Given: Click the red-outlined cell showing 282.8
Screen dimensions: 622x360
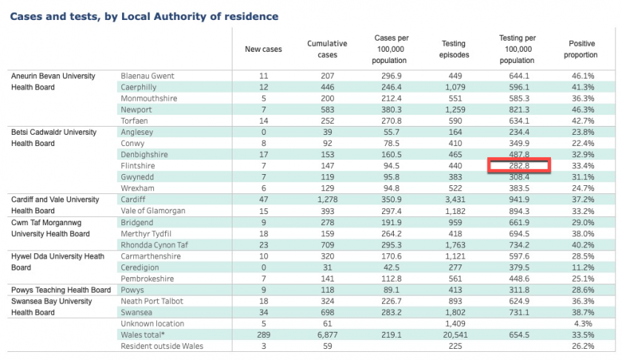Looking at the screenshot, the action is (519, 165).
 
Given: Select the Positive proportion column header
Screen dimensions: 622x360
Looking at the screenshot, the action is (581, 49).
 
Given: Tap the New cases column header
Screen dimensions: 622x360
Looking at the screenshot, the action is (264, 49).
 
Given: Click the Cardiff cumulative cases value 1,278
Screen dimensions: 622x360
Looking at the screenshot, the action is (327, 200).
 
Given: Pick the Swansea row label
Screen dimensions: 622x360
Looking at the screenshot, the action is (136, 313).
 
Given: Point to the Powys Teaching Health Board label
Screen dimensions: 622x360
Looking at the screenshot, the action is (61, 290).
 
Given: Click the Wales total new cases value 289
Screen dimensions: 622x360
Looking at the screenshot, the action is (264, 335).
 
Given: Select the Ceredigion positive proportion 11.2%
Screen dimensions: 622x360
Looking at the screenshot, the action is (583, 267).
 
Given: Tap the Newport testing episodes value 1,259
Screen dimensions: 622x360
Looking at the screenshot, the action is (455, 110).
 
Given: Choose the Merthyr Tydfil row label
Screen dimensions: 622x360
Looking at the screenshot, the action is (146, 234).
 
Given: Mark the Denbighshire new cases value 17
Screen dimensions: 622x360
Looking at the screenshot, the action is (264, 154).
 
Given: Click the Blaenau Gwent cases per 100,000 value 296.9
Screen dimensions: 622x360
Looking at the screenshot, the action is (391, 76).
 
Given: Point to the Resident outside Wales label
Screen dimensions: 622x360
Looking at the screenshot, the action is (162, 346).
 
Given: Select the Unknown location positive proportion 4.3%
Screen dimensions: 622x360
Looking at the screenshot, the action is (583, 324).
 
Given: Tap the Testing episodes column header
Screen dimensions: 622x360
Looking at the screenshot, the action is (454, 49).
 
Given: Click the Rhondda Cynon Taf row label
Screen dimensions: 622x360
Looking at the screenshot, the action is (154, 245).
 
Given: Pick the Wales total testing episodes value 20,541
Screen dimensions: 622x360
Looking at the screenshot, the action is (455, 335).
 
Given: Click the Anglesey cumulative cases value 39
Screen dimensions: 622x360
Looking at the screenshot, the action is (327, 132).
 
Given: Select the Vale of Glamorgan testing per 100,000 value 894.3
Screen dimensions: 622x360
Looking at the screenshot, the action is (519, 211).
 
